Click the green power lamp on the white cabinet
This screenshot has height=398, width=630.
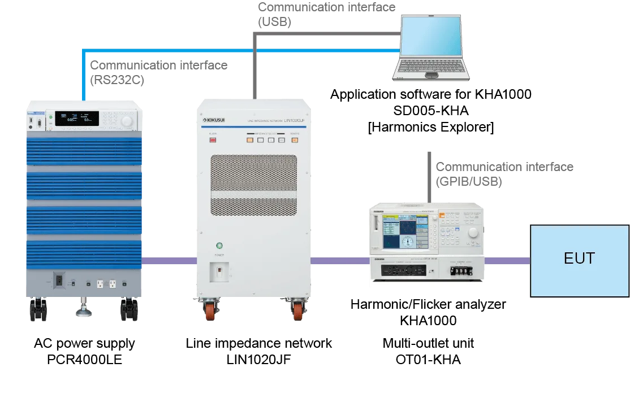(219, 246)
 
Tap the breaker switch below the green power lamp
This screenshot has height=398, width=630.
(219, 272)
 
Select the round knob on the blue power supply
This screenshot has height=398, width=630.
(127, 121)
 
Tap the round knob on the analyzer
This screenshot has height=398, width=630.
(473, 232)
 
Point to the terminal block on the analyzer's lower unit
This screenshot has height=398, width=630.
(463, 270)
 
